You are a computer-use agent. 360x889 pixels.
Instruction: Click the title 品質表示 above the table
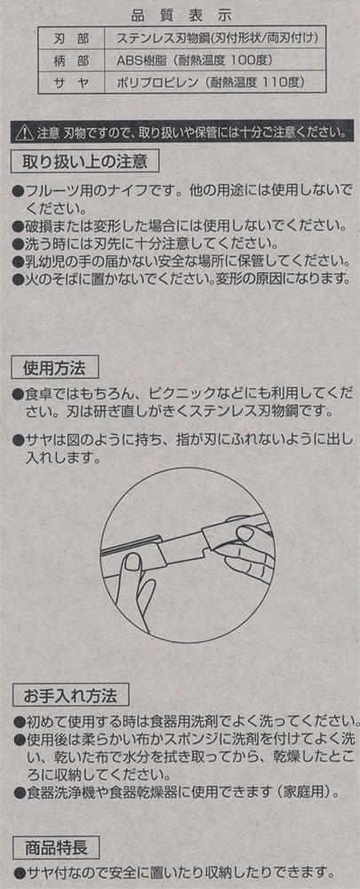pos(181,13)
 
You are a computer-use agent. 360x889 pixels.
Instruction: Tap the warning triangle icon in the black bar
pos(25,133)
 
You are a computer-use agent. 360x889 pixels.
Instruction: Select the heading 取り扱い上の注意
pos(85,162)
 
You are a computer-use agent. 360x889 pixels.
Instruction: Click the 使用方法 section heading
pos(55,368)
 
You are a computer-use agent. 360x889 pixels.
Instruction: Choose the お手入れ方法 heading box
pos(71,694)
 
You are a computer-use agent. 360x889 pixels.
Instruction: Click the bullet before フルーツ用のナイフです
pos(19,188)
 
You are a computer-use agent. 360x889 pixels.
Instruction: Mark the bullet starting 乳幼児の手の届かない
pos(19,261)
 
